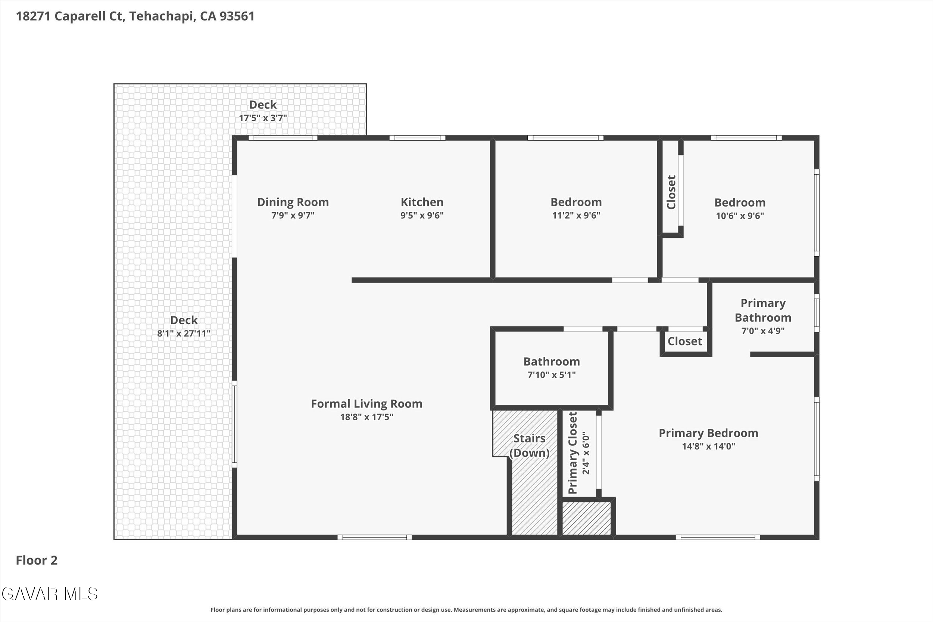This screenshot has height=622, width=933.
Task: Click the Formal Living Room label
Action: click(366, 404)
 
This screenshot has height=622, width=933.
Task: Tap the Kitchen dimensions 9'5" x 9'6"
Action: click(422, 215)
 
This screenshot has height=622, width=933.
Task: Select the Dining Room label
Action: click(293, 202)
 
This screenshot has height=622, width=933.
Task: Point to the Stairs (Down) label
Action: click(529, 446)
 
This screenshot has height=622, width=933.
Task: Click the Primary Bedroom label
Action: click(708, 433)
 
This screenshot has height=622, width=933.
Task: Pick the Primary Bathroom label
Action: click(763, 310)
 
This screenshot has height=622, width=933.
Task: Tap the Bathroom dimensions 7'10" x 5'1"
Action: click(551, 375)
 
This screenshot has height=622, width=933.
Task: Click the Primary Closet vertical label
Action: click(572, 453)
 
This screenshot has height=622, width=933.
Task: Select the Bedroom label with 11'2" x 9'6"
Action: click(576, 202)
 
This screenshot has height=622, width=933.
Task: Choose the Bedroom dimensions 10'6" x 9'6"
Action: click(740, 216)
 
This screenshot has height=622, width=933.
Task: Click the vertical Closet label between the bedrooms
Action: click(671, 193)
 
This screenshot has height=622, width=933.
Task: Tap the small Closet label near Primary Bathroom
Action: click(685, 341)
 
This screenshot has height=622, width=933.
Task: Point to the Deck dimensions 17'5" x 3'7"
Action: click(263, 118)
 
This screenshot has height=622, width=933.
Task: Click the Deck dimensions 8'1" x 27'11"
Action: click(184, 334)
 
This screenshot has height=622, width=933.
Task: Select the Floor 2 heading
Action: click(37, 560)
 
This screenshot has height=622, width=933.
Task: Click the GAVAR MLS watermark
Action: click(50, 594)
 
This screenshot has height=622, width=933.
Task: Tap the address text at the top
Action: click(135, 16)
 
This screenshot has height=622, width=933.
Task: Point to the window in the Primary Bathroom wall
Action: click(817, 313)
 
